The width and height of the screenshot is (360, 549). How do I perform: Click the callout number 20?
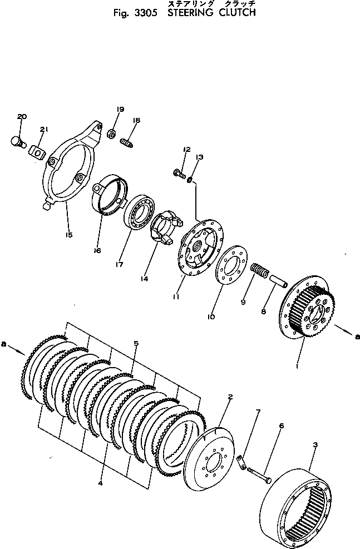22,117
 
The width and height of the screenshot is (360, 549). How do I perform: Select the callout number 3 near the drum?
315,445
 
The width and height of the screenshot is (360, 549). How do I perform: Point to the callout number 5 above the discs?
136,343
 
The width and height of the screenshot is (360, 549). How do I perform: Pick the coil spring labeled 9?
260,270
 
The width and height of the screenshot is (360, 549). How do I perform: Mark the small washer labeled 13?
190,180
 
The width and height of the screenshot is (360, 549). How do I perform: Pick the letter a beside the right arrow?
357,335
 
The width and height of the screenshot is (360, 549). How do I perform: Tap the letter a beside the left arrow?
4,345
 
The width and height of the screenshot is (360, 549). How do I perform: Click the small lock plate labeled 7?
240,459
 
